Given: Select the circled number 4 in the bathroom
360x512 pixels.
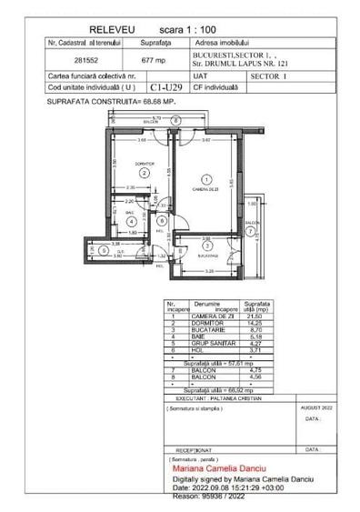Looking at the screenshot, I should [x=132, y=220].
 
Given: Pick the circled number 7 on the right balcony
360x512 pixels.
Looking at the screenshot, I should [x=251, y=231].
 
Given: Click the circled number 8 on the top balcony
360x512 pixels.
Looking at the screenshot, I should [x=176, y=119].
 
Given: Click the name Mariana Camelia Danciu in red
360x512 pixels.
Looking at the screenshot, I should [x=221, y=469].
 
